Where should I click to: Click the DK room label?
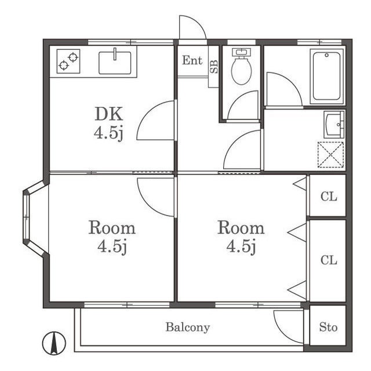click(x=108, y=114)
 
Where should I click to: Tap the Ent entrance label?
click(x=192, y=60)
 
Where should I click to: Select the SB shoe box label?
click(x=214, y=67)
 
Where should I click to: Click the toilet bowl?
click(x=241, y=67)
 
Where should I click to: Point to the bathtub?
click(x=327, y=76)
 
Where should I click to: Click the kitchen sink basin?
click(x=115, y=63)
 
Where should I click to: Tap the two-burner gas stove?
click(x=68, y=61)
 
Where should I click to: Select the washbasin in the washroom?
click(x=334, y=125)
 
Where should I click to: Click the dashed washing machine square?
click(x=330, y=155)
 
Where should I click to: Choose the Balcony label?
click(x=188, y=328)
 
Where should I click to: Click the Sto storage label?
click(x=328, y=327)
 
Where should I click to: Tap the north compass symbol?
click(x=54, y=343)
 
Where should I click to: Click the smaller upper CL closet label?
click(x=329, y=197)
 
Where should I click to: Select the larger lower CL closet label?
click(x=329, y=260)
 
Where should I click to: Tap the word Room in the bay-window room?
click(x=112, y=228)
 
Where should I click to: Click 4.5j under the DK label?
click(x=108, y=133)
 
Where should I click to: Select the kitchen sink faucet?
click(x=115, y=54)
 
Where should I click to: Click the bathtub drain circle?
click(x=327, y=55)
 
